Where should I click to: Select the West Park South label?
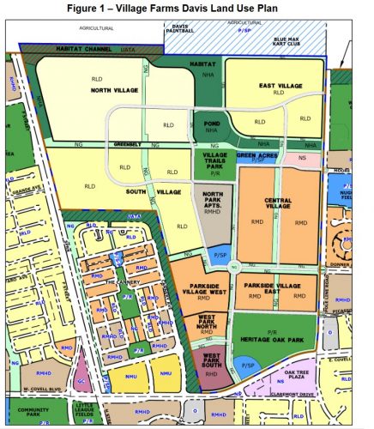coord(208,360)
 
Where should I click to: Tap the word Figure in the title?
coord(107,8)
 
